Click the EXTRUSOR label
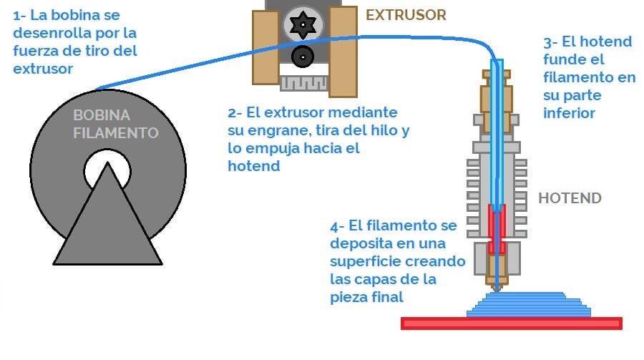[406, 14]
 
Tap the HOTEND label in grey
[570, 198]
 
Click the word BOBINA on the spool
[102, 115]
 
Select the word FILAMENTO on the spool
[114, 132]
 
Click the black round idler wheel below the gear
[303, 55]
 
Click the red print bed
[512, 323]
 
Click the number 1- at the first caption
[19, 14]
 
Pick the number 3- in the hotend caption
[550, 42]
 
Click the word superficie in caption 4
[365, 261]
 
